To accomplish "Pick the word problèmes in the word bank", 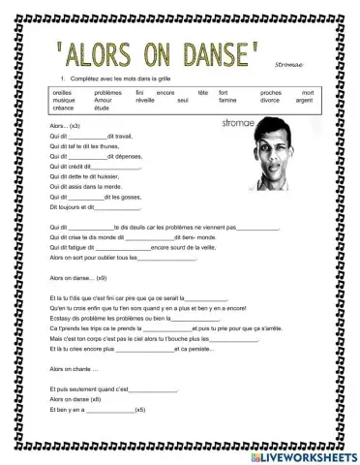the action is (109, 91).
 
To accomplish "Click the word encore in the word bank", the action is (165, 91).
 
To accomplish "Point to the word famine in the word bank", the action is (228, 99).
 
